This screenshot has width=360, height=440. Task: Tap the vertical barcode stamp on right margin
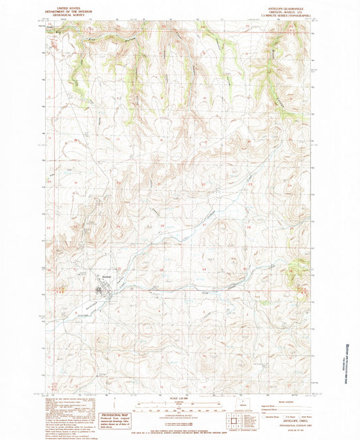(349, 355)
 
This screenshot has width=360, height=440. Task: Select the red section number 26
(249, 227)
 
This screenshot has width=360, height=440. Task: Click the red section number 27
(203, 227)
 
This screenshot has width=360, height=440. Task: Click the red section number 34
(203, 269)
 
